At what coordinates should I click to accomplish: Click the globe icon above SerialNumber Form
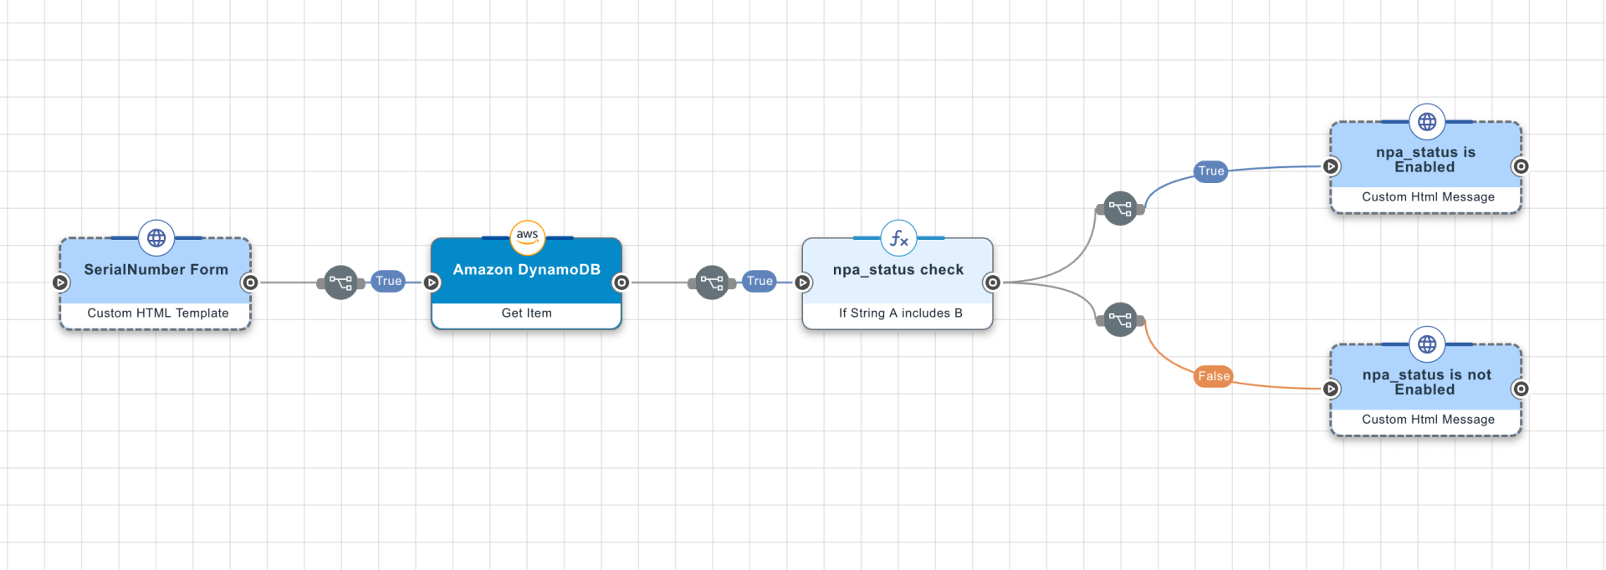(156, 238)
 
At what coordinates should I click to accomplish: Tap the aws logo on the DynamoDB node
(527, 237)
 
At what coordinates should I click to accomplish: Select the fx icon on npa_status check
(898, 238)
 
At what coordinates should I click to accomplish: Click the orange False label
(1214, 376)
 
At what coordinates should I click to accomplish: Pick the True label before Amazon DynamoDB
(388, 281)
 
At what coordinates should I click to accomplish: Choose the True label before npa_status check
(760, 281)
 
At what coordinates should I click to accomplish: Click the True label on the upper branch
(1210, 171)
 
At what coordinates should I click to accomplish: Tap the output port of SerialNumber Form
(249, 282)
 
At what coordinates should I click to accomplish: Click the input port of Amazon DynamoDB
(432, 282)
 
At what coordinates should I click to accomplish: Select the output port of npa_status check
(992, 282)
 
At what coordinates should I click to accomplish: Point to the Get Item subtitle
(526, 313)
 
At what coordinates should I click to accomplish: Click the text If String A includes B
(900, 313)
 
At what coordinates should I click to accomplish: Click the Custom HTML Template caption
(157, 313)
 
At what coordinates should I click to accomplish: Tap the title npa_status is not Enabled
(1426, 382)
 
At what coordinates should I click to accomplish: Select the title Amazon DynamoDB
(526, 269)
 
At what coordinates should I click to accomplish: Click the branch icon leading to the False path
(1120, 319)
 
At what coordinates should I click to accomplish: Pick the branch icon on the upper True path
(1120, 208)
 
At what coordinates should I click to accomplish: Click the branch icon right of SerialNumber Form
(340, 282)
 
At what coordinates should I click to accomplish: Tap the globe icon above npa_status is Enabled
(1427, 122)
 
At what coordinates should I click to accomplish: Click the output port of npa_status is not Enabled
(1521, 389)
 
